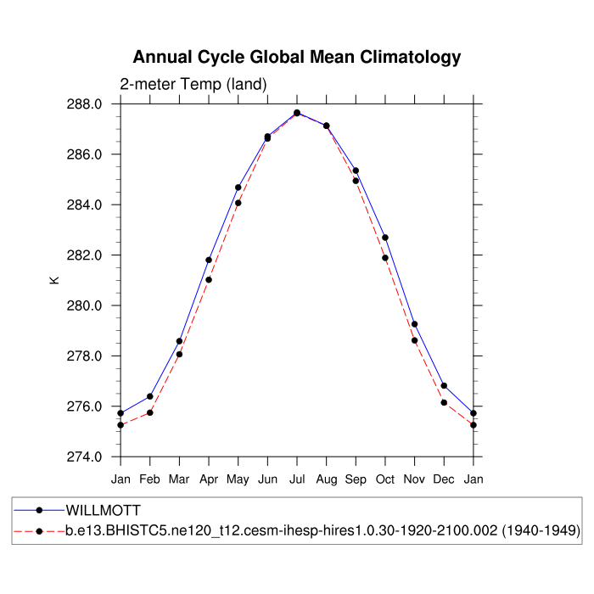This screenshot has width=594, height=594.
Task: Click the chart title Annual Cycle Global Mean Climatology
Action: click(297, 58)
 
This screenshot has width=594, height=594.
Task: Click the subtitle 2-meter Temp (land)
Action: click(193, 84)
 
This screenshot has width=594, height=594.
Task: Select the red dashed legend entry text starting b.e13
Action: click(322, 531)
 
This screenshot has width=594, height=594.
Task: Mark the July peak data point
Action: click(297, 113)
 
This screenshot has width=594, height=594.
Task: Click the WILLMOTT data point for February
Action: click(150, 396)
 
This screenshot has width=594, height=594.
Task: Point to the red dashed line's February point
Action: click(150, 412)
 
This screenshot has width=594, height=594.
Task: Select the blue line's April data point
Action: click(209, 260)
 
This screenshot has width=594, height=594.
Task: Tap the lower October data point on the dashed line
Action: click(385, 258)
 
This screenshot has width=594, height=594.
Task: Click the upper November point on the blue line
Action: click(414, 324)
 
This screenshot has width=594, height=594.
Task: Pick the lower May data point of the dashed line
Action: click(238, 203)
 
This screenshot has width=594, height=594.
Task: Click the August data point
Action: click(326, 126)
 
